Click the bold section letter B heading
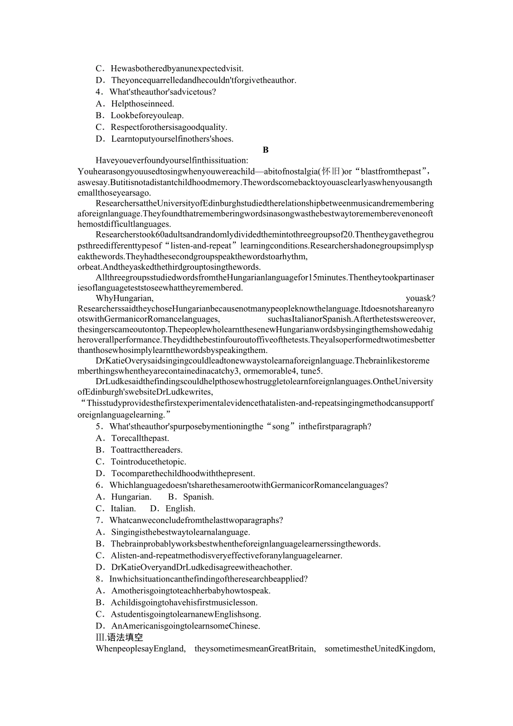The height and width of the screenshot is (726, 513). coord(265,150)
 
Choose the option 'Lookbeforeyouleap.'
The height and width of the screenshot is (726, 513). coord(147,115)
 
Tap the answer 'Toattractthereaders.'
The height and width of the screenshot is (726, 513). coord(147,450)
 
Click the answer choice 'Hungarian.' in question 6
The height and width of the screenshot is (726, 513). coord(131,497)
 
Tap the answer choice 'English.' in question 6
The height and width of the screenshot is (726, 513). coord(180,509)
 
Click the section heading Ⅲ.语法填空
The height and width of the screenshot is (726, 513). coord(119,637)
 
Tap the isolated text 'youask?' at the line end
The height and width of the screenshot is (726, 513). coord(420,298)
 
